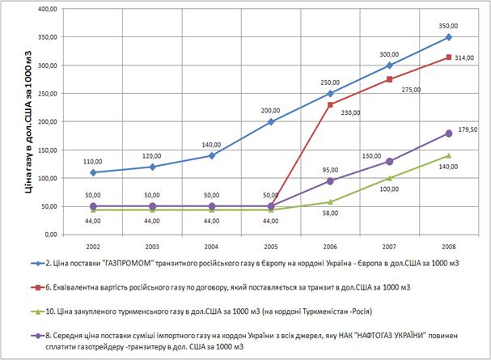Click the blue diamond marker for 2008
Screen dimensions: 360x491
pyautogui.click(x=447, y=37)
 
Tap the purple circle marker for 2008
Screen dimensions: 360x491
pyautogui.click(x=447, y=133)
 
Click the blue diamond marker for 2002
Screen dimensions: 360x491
pyautogui.click(x=93, y=172)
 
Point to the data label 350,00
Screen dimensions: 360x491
pyautogui.click(x=447, y=24)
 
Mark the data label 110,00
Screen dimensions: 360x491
pyautogui.click(x=93, y=160)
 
